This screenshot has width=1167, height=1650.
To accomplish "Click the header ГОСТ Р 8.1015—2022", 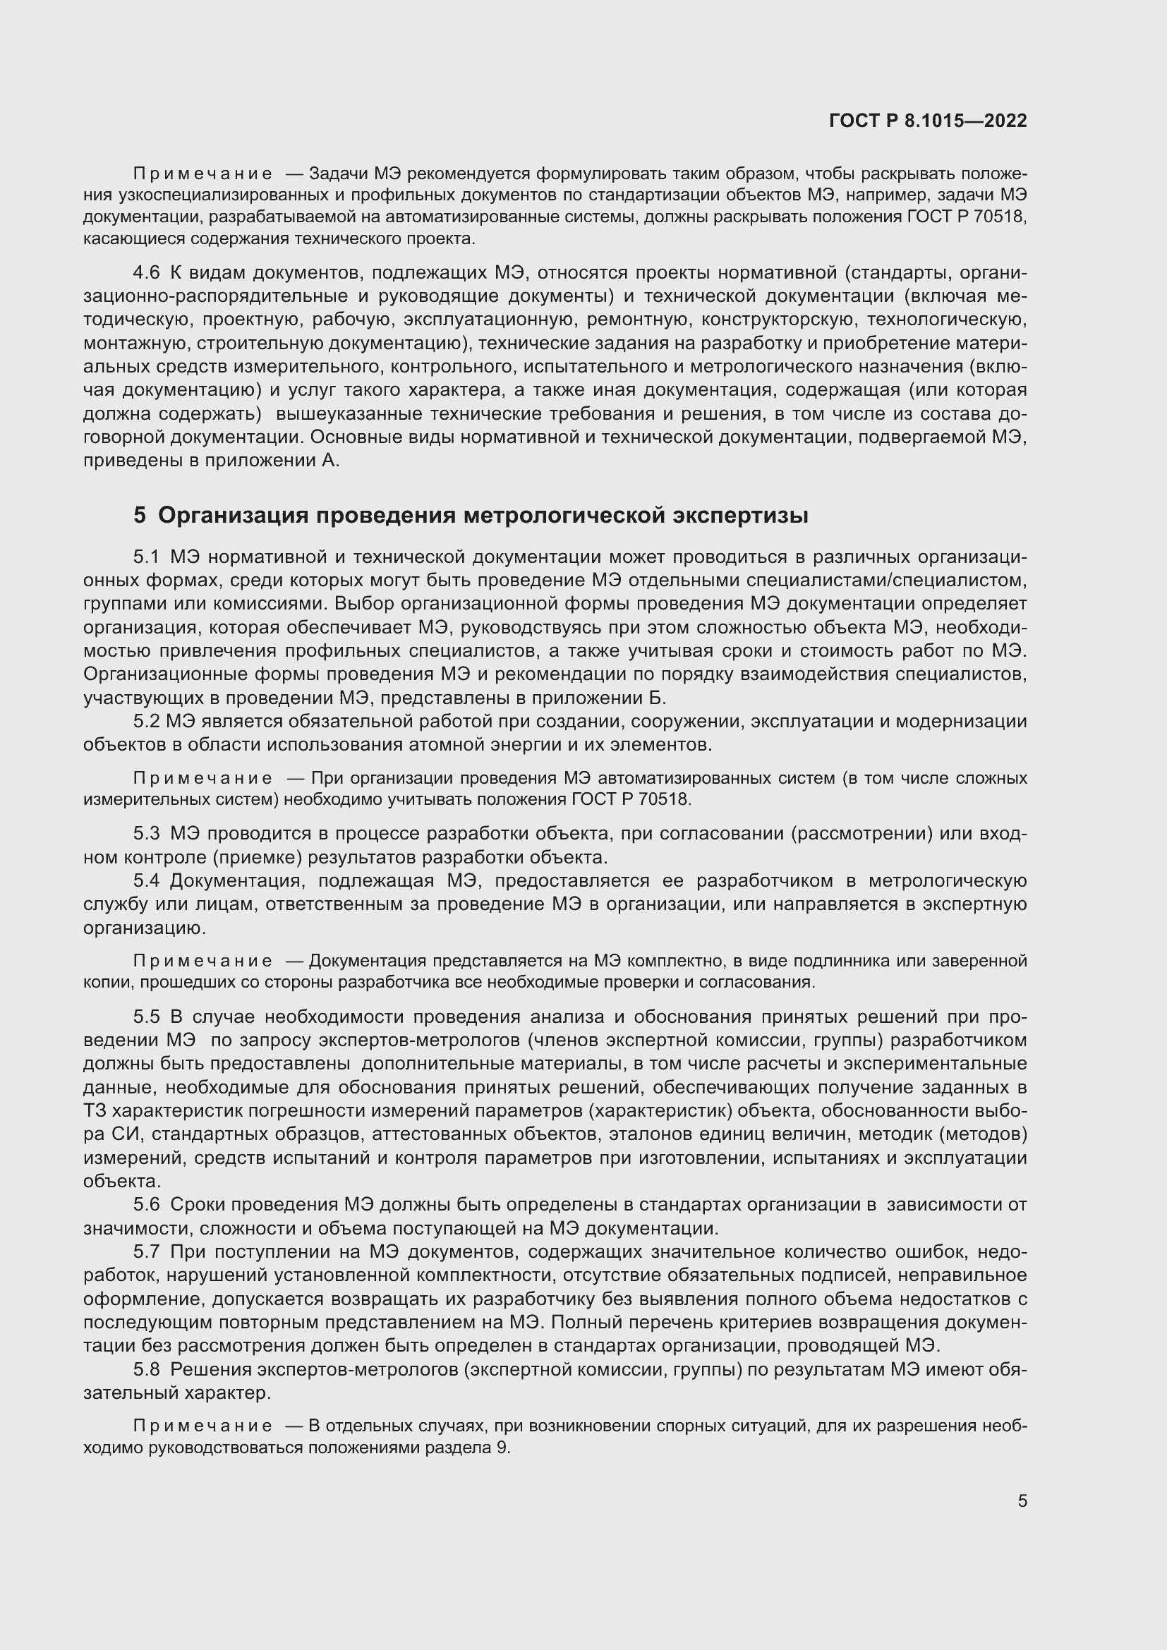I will click(928, 121).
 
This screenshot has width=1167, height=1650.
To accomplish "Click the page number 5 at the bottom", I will click(1022, 1500).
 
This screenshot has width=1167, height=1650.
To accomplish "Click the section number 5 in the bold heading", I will click(140, 515).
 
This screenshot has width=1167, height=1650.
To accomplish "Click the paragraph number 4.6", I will click(147, 273).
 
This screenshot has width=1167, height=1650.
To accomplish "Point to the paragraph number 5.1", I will click(147, 557).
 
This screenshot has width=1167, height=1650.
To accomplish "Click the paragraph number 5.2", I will click(147, 721).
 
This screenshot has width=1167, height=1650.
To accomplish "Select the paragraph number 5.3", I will click(147, 834).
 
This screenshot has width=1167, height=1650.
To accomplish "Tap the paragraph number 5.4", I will click(147, 881).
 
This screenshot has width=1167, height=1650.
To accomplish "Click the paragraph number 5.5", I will click(147, 1017).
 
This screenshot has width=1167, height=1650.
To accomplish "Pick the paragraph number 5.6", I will click(147, 1204).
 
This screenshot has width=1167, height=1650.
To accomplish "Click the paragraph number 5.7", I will click(147, 1252).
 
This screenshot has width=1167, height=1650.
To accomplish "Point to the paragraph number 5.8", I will click(147, 1370).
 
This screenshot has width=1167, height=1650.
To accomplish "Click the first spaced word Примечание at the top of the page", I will click(202, 174).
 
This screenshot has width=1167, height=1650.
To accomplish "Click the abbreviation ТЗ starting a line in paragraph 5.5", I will click(94, 1111).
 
